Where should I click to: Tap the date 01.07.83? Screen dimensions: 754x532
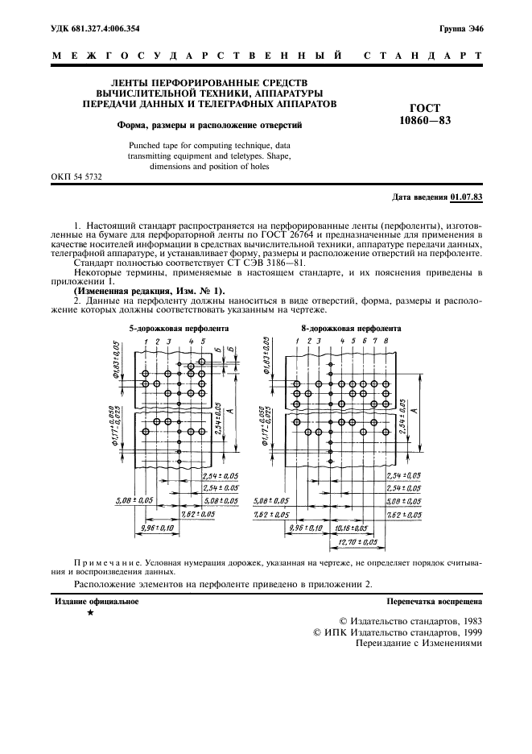pyautogui.click(x=467, y=197)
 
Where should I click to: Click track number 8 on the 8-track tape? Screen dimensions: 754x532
pyautogui.click(x=386, y=342)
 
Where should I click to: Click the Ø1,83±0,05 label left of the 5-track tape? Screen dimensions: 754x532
pyautogui.click(x=116, y=359)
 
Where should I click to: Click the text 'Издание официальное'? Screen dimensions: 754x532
pyautogui.click(x=96, y=601)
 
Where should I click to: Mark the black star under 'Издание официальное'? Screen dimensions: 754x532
pyautogui.click(x=90, y=614)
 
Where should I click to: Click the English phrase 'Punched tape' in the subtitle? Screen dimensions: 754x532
pyautogui.click(x=149, y=145)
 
